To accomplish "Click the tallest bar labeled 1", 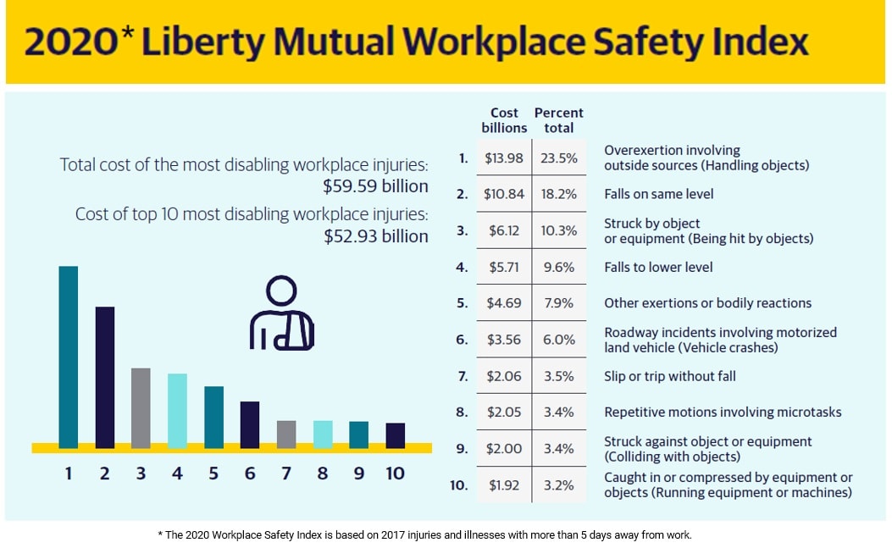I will (69, 356).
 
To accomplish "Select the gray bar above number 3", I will (141, 407).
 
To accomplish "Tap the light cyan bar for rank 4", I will (177, 410).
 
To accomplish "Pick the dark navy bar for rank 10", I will (395, 435).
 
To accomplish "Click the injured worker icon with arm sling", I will (281, 313).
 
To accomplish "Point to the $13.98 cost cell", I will (503, 158).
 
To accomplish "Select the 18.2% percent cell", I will (558, 194).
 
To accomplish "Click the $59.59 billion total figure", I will (375, 185).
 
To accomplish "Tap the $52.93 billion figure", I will (375, 236).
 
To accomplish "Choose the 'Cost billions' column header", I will (504, 120).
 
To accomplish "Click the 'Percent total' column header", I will (558, 120).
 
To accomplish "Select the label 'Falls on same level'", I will (658, 194).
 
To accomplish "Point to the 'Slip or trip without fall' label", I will (669, 376).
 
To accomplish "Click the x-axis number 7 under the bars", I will (286, 473).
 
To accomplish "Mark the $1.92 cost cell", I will (503, 485).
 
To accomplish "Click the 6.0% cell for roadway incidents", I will (558, 340).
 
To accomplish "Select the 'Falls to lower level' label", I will (658, 267).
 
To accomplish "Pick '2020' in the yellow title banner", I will (68, 42).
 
